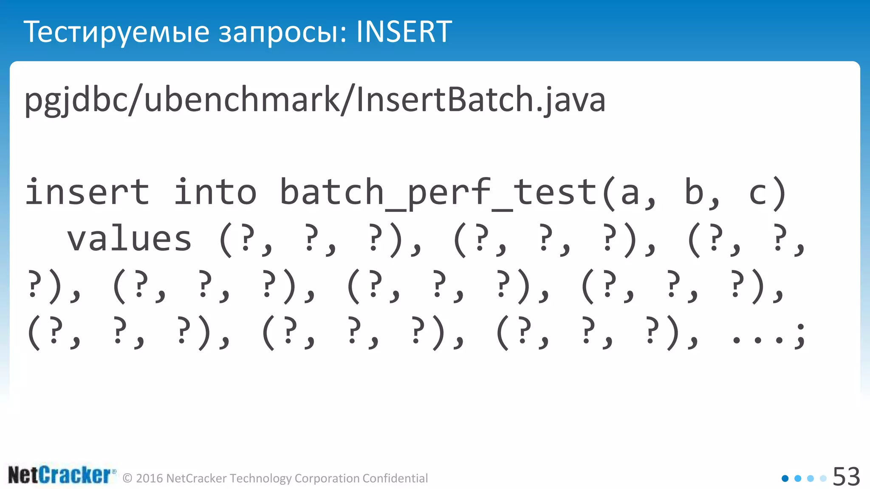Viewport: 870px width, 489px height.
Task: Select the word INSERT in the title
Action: tap(404, 32)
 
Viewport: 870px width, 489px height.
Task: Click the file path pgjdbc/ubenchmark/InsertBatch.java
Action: tap(315, 100)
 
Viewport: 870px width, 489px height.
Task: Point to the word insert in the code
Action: tap(88, 192)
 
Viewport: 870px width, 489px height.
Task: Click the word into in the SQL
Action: tap(215, 192)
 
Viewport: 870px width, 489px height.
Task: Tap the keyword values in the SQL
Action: tap(130, 239)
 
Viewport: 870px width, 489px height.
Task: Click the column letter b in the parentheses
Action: tap(694, 192)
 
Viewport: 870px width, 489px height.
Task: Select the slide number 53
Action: tap(846, 476)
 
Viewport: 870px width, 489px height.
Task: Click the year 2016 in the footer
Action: tap(150, 478)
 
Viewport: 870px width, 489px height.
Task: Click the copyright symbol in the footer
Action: tap(127, 478)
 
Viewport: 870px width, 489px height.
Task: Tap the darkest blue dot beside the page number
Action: tap(785, 478)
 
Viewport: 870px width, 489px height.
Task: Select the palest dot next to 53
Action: tap(823, 478)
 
